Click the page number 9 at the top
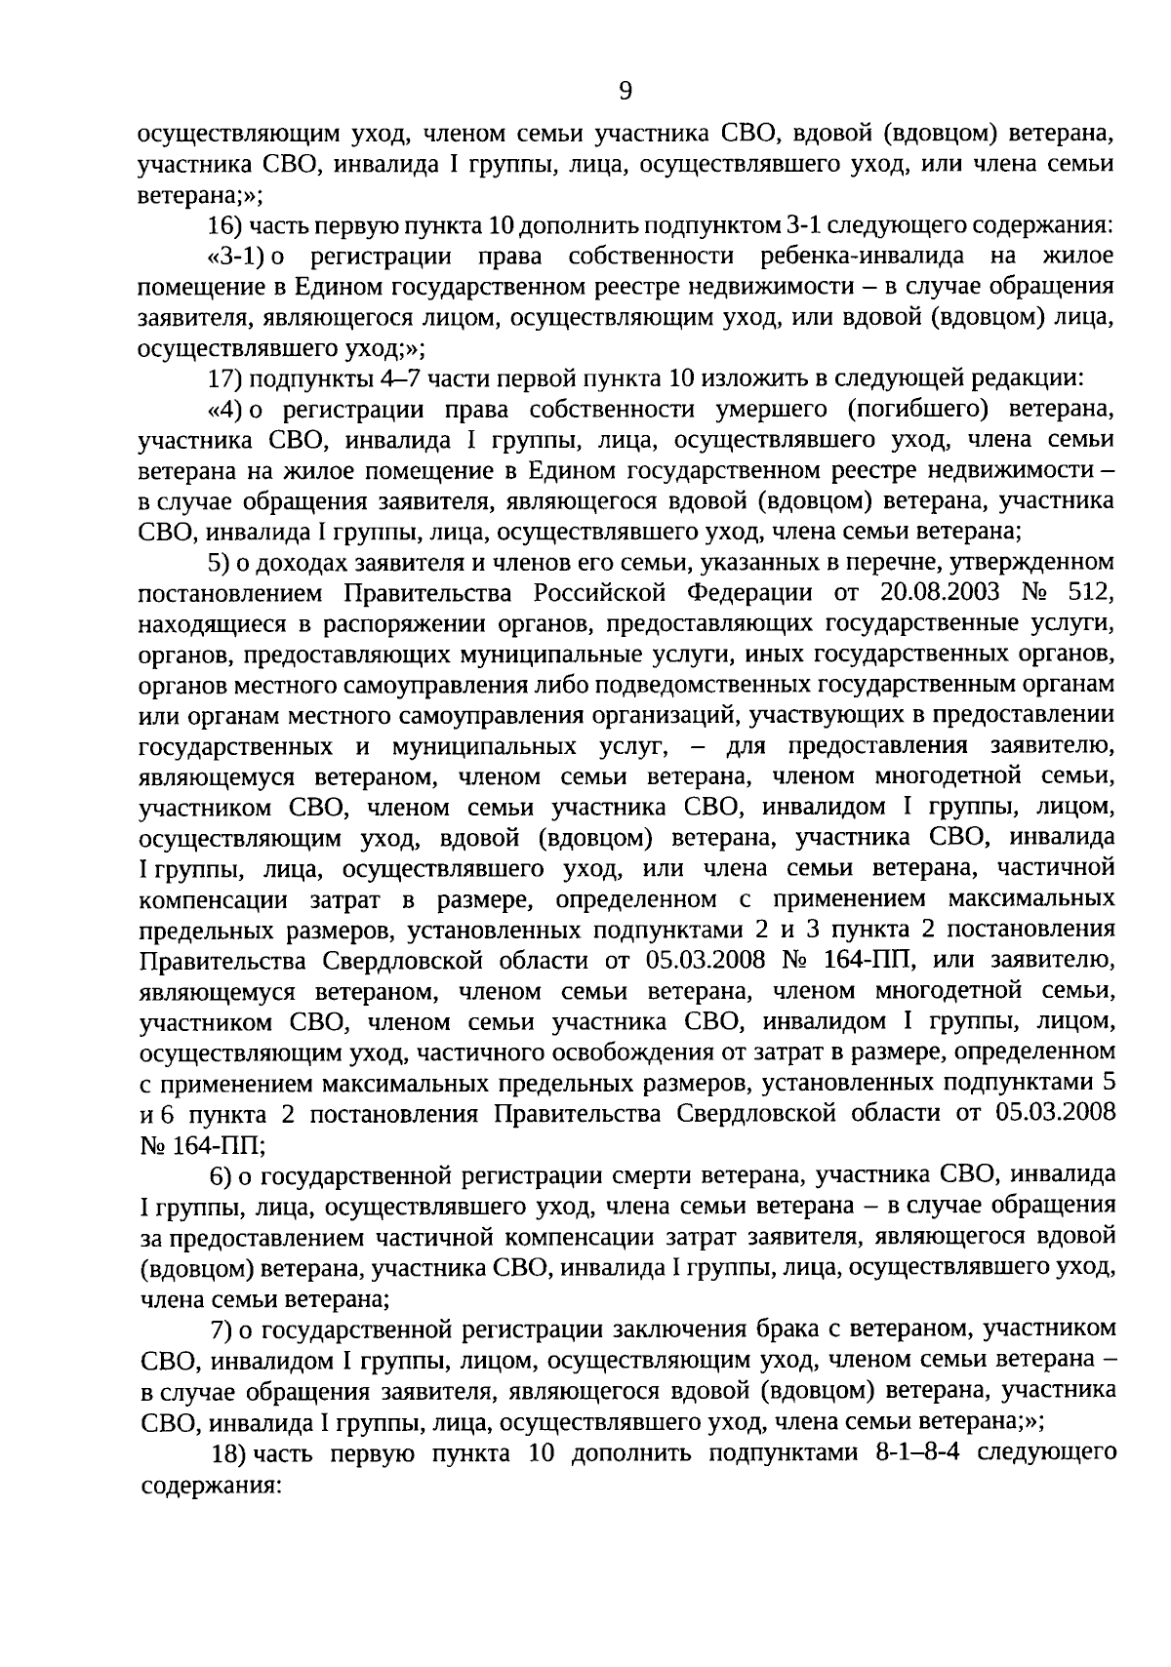click(x=626, y=91)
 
